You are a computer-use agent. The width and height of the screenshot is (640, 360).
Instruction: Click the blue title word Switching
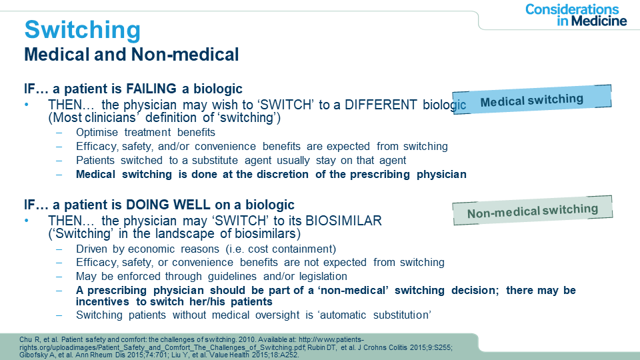pos(83,30)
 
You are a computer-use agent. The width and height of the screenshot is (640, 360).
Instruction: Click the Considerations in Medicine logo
pos(576,15)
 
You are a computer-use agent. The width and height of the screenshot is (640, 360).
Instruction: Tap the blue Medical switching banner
pos(532,99)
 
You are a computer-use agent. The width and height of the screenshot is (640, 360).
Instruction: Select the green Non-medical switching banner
pos(533,211)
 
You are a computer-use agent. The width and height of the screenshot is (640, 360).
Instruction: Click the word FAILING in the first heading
pos(151,89)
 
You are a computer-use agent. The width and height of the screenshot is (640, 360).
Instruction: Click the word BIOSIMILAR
pos(343,221)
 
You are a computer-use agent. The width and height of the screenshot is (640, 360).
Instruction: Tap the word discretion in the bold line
pos(283,174)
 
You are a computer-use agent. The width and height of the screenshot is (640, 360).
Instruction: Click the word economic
pos(151,249)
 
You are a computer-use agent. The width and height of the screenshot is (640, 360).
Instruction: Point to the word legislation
pos(323,276)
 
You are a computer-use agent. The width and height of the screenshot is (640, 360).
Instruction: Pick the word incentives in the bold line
pos(103,301)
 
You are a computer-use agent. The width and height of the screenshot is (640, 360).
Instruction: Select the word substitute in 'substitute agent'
pos(215,161)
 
